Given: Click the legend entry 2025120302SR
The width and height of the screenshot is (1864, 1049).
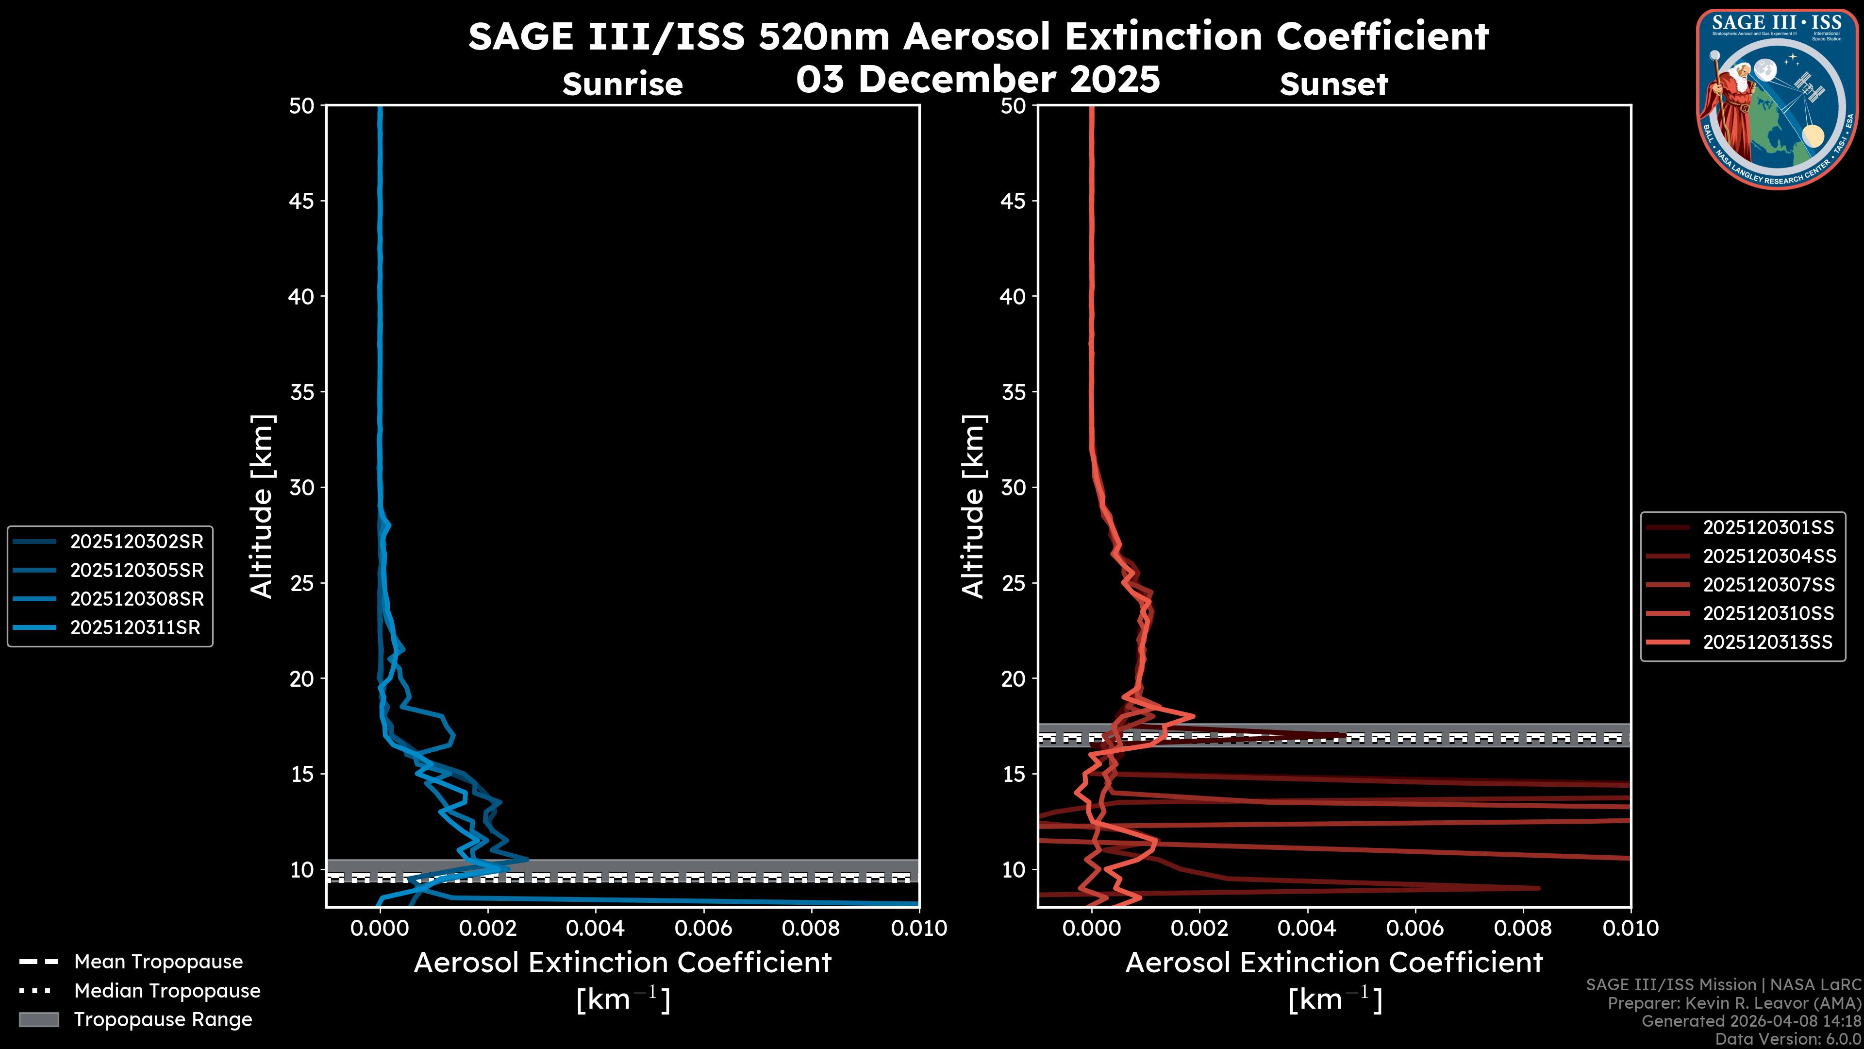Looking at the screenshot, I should (x=136, y=541).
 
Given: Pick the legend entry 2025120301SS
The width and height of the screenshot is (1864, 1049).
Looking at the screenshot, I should (x=1768, y=528).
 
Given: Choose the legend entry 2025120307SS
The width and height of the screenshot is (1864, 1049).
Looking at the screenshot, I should (x=1768, y=585).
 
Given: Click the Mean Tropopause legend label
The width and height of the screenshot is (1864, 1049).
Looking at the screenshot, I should (x=158, y=962).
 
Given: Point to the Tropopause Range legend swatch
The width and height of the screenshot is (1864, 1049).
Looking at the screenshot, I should (x=38, y=1019).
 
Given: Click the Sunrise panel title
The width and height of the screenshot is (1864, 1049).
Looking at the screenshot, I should (x=622, y=84).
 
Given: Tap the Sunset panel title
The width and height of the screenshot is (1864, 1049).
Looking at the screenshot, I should (x=1333, y=84).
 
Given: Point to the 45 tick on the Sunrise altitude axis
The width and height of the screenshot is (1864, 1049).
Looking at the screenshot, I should (x=302, y=201).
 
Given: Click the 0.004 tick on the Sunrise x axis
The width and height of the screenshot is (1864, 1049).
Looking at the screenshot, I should (x=595, y=928).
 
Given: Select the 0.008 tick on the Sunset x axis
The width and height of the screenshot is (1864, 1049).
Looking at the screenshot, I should (x=1522, y=928).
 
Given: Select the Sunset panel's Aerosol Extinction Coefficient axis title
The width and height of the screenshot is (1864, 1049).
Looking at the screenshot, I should (x=1333, y=963).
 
